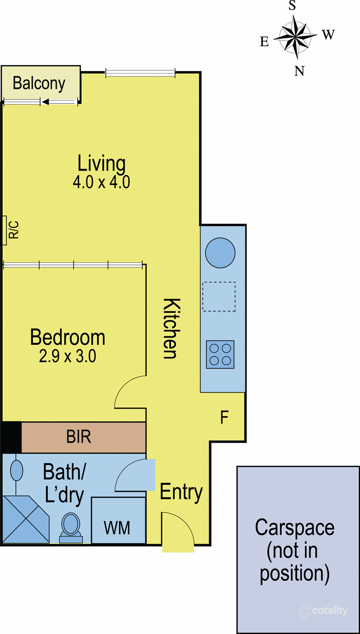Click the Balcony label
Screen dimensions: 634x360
pos(39,84)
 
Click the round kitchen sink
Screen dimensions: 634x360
pos(220,252)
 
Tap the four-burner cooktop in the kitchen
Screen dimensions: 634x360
pos(220,354)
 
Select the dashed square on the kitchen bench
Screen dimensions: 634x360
pos(219,296)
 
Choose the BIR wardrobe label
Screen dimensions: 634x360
pos(79,437)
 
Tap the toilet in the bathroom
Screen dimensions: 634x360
pos(70,525)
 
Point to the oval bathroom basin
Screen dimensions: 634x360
pos(17,471)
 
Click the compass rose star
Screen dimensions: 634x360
pos(296,37)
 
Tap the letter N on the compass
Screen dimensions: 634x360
pos(299,71)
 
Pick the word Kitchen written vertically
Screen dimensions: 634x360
pos(170,328)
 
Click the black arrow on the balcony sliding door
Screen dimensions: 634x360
pos(45,103)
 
